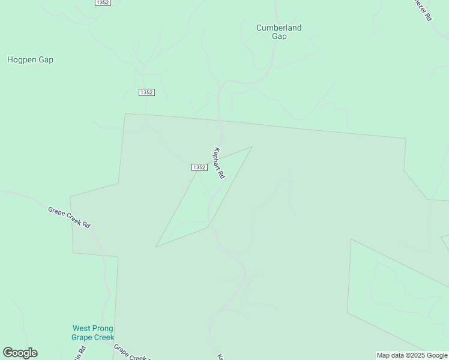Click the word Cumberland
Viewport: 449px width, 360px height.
click(x=279, y=28)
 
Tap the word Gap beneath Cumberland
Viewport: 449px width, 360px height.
click(x=279, y=37)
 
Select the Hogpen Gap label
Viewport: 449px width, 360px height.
click(x=30, y=60)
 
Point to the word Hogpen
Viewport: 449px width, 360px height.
click(x=22, y=60)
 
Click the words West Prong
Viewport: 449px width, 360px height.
click(x=92, y=328)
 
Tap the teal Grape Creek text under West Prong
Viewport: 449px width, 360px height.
click(x=92, y=337)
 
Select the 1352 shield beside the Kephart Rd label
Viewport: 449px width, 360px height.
click(x=200, y=167)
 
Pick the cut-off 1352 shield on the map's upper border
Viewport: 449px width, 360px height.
click(x=103, y=2)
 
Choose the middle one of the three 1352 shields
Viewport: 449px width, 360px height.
click(x=146, y=92)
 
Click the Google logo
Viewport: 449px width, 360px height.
click(x=20, y=353)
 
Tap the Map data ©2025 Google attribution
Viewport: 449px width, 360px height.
click(x=412, y=355)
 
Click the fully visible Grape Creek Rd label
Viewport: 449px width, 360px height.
click(x=69, y=217)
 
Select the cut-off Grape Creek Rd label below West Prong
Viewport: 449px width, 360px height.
click(x=131, y=353)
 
